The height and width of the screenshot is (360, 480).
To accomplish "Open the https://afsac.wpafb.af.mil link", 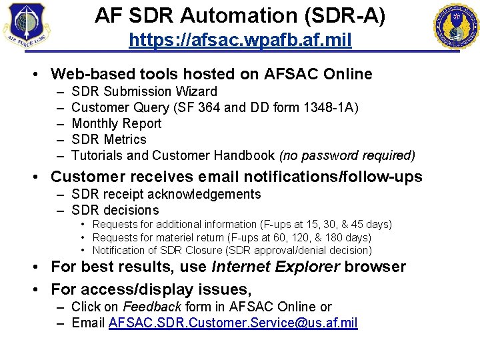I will (240, 40).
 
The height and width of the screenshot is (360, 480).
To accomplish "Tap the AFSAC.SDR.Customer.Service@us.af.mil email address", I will (233, 323).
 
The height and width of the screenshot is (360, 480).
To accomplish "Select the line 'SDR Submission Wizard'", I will (144, 91).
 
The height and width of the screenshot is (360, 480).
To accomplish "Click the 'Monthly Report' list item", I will (116, 123).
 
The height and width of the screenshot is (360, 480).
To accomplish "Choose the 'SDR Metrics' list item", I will (109, 139).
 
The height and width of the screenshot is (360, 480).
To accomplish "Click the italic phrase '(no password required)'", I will (347, 155).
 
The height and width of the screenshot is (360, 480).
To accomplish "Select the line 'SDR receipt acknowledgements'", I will (166, 194).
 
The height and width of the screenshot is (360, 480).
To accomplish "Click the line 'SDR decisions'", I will (115, 210).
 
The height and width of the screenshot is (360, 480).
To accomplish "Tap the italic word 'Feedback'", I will (152, 307).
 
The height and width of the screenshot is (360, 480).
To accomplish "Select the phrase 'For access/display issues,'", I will (151, 289).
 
